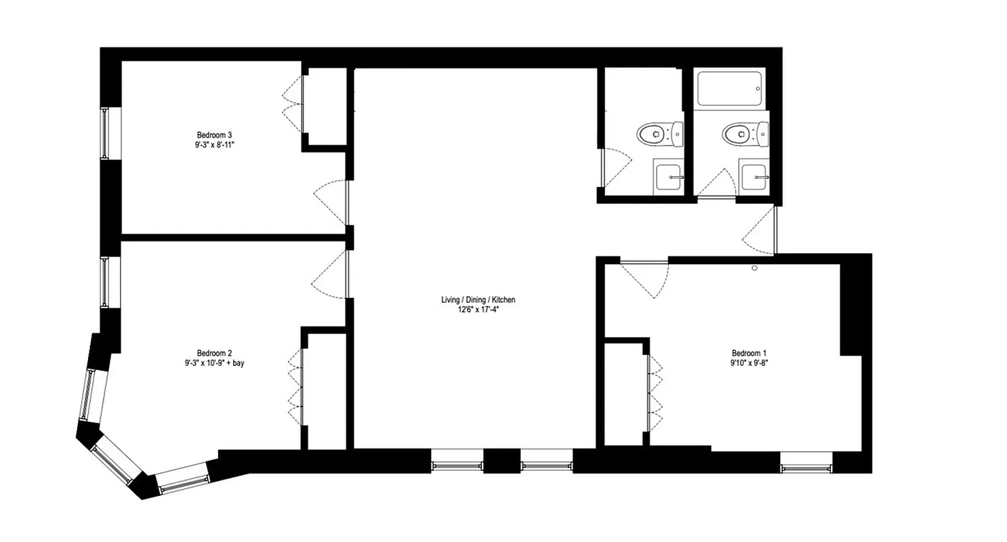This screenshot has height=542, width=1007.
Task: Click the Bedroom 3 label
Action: click(x=214, y=134)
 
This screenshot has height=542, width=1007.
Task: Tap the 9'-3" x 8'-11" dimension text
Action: click(x=214, y=144)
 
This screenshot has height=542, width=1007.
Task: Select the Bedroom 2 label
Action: click(x=214, y=353)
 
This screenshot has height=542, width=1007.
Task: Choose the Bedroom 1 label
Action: click(x=749, y=353)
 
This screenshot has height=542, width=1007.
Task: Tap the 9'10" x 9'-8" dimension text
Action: click(x=749, y=362)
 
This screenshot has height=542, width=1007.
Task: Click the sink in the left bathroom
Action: click(x=669, y=177)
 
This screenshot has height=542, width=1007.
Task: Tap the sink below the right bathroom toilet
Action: click(x=754, y=177)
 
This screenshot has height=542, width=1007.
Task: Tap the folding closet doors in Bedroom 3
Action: click(x=293, y=105)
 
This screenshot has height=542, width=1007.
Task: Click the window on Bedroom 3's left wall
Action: click(x=105, y=133)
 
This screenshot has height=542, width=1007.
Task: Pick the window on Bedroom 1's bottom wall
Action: click(x=806, y=467)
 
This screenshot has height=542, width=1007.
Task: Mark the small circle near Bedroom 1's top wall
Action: click(x=754, y=268)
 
